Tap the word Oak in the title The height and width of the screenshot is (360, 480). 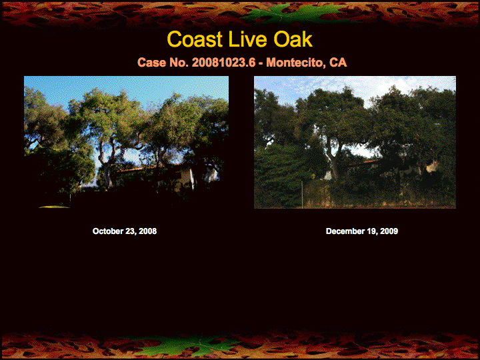point(293,39)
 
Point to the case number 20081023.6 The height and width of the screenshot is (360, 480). point(223,63)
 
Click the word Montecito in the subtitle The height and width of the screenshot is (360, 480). point(295,63)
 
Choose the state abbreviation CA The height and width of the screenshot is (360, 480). point(338,63)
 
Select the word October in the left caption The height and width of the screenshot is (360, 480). point(108,231)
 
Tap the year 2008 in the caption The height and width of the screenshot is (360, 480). point(147,231)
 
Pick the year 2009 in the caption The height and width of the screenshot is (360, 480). point(389,231)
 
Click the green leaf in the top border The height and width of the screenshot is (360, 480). point(294,14)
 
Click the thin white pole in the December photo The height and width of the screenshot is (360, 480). point(302,195)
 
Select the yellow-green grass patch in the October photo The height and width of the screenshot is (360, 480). point(55,207)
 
